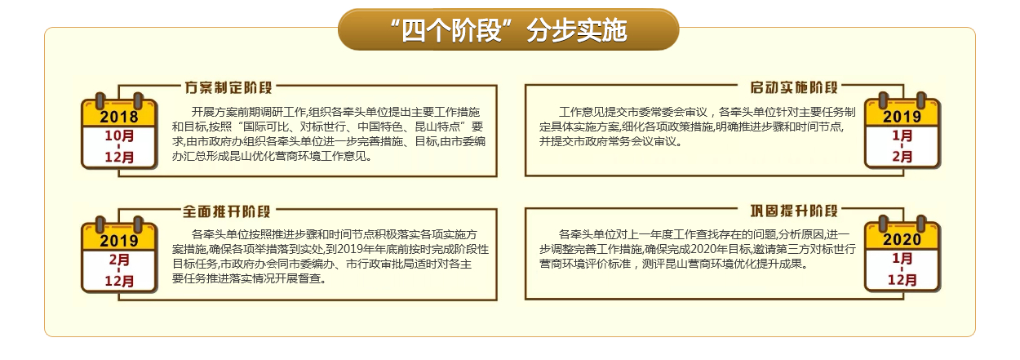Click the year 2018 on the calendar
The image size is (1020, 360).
pos(119,117)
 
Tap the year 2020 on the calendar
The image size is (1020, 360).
pos(902,240)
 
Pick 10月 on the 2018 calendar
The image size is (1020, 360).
pos(119,136)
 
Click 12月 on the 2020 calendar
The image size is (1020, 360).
pos(902,279)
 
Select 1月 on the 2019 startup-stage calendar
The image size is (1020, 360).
pos(902,136)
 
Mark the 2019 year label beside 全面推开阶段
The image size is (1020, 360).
pos(119,241)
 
